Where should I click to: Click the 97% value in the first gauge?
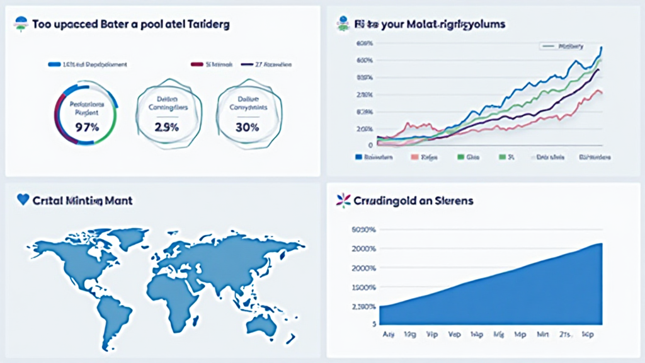(x=86, y=127)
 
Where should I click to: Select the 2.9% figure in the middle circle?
(x=167, y=127)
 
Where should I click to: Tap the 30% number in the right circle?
(x=247, y=127)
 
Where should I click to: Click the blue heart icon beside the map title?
(x=23, y=200)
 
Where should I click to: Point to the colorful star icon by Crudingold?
(x=343, y=200)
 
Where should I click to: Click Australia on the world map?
(x=262, y=323)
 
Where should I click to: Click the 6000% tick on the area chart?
(x=365, y=229)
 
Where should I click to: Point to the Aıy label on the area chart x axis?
(x=389, y=335)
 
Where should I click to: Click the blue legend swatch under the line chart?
(x=358, y=157)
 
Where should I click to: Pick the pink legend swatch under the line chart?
(x=414, y=157)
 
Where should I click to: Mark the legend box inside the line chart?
(x=562, y=46)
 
